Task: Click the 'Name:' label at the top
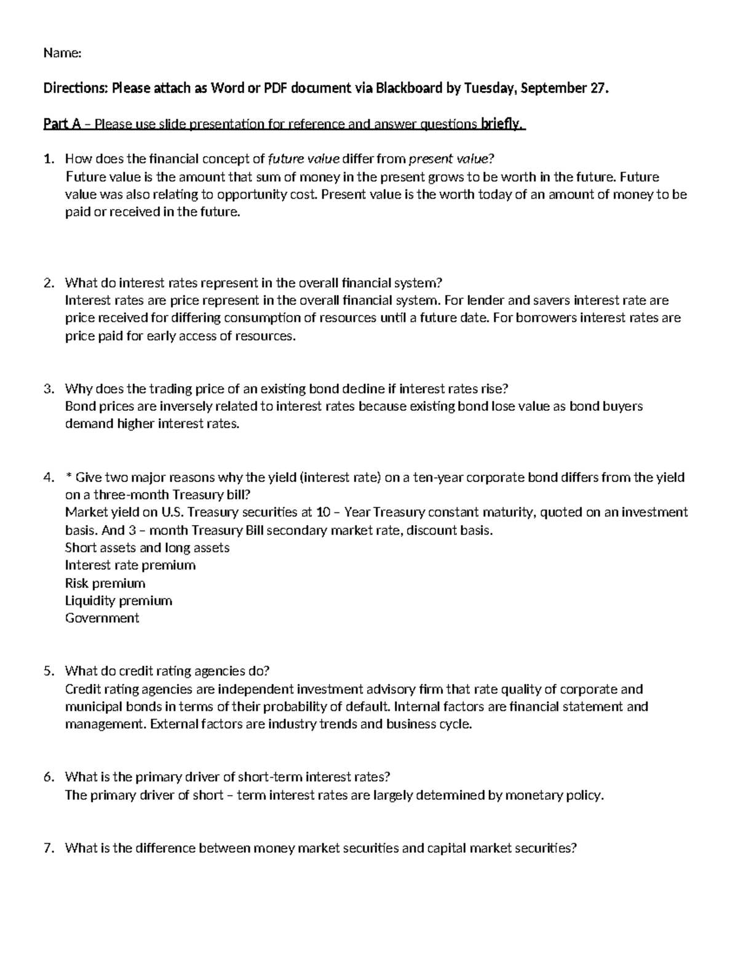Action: [x=62, y=53]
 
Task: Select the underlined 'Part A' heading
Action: [x=61, y=124]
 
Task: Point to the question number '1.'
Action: [x=49, y=159]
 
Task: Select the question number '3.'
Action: [x=49, y=389]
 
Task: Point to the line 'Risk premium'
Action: [x=105, y=583]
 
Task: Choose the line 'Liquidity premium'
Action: [x=119, y=601]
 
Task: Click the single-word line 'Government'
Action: [x=102, y=618]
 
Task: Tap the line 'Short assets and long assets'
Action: [x=147, y=548]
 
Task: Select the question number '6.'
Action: [x=49, y=777]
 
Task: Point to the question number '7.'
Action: [x=49, y=849]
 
